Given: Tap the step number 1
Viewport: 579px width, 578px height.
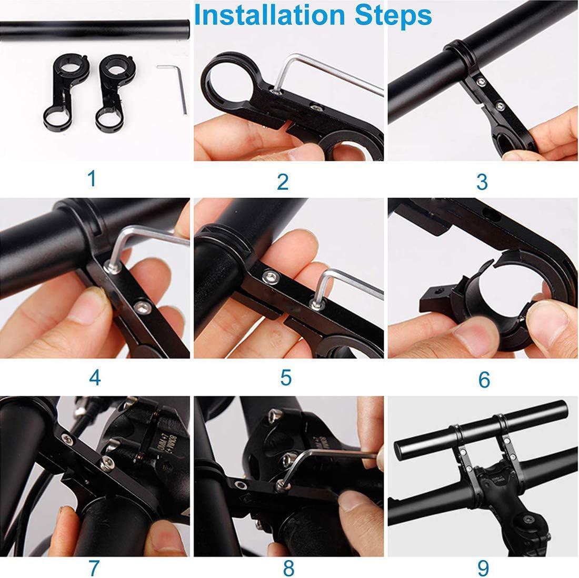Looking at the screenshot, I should coord(92,179).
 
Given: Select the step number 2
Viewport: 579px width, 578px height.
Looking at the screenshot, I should coord(283,181).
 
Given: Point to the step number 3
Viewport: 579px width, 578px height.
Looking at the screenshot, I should coord(482,181).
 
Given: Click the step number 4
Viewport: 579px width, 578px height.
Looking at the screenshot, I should coord(95,377).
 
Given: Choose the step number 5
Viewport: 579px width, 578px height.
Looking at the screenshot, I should coord(286,377).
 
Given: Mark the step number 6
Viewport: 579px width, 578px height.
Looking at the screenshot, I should coord(484,379).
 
